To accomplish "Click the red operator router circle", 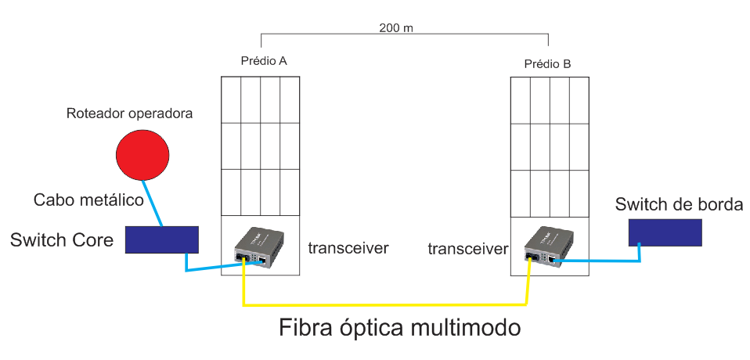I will click(x=142, y=153).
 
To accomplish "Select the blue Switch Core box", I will click(x=162, y=239).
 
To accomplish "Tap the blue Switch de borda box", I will click(x=665, y=231).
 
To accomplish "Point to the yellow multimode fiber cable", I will click(x=384, y=303).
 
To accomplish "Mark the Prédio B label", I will click(x=547, y=63).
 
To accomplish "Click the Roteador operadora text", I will click(x=129, y=113).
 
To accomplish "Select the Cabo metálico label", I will click(x=88, y=200).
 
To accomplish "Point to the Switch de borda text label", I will click(x=679, y=205).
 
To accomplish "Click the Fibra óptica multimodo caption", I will click(x=399, y=327).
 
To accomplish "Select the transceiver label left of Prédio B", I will click(x=468, y=249).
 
